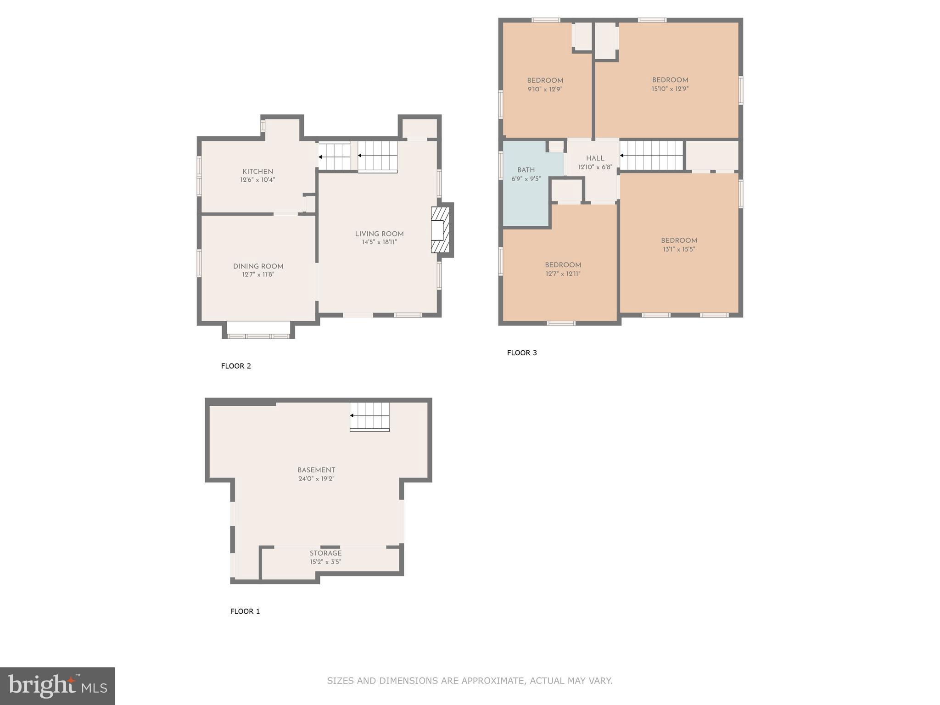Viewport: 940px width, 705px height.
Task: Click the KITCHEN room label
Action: [x=257, y=171]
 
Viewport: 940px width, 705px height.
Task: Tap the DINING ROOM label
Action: [x=258, y=266]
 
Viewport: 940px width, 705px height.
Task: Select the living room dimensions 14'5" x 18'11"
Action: [x=379, y=242]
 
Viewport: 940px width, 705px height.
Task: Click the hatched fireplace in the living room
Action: [x=440, y=230]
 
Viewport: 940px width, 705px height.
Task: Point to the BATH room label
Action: [x=526, y=170]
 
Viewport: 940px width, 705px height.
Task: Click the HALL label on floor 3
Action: [x=595, y=158]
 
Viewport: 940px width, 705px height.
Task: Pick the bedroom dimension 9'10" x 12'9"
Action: [x=545, y=89]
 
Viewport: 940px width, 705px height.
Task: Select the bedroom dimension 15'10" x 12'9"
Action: [x=670, y=89]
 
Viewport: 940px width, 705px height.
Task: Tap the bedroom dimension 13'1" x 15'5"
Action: [x=678, y=249]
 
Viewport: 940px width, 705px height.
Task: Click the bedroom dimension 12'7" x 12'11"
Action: [x=563, y=274]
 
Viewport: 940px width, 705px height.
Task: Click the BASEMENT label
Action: [x=316, y=470]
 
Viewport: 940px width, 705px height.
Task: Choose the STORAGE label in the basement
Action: [x=325, y=553]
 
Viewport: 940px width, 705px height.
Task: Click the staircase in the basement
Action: [x=369, y=416]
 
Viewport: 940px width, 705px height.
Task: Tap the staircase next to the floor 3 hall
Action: [x=651, y=155]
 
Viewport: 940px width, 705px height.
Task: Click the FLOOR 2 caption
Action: [x=236, y=366]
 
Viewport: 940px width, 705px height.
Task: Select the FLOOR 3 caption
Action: [x=522, y=352]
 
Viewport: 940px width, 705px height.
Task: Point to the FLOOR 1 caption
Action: [x=245, y=611]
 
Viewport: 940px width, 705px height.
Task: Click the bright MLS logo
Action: [x=57, y=686]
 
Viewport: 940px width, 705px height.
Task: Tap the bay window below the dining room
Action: [x=258, y=330]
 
